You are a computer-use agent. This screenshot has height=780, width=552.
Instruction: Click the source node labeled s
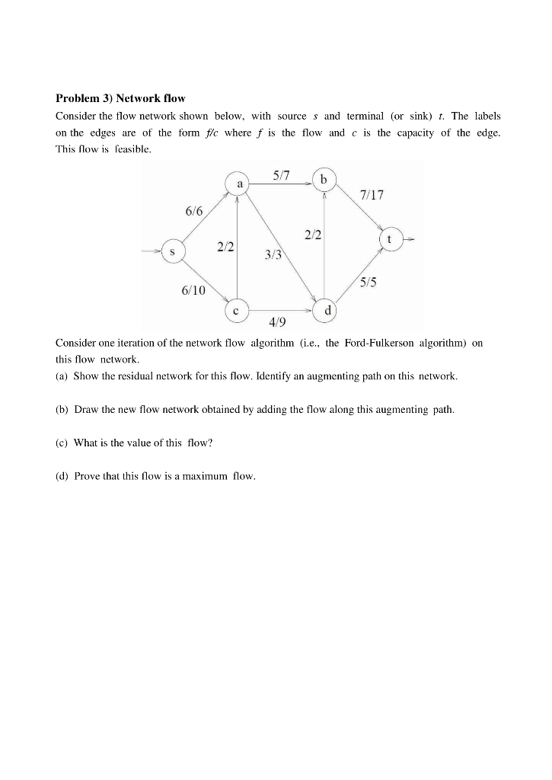174,251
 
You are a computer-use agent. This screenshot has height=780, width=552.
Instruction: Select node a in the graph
239,184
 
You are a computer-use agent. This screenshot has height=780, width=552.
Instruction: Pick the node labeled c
237,311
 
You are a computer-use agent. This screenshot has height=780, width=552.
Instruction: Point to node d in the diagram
327,311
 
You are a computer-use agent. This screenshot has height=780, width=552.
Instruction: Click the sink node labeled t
390,238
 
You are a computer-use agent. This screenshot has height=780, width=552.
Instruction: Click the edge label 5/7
281,176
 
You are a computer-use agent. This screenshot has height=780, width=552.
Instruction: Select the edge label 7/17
372,195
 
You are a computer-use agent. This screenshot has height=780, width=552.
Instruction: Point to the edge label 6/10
193,290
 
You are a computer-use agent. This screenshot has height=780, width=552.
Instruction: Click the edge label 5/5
369,282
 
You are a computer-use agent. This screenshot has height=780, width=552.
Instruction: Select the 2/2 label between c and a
225,246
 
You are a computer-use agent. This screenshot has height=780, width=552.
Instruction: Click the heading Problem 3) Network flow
120,98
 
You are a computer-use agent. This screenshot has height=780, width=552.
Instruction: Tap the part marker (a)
62,376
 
